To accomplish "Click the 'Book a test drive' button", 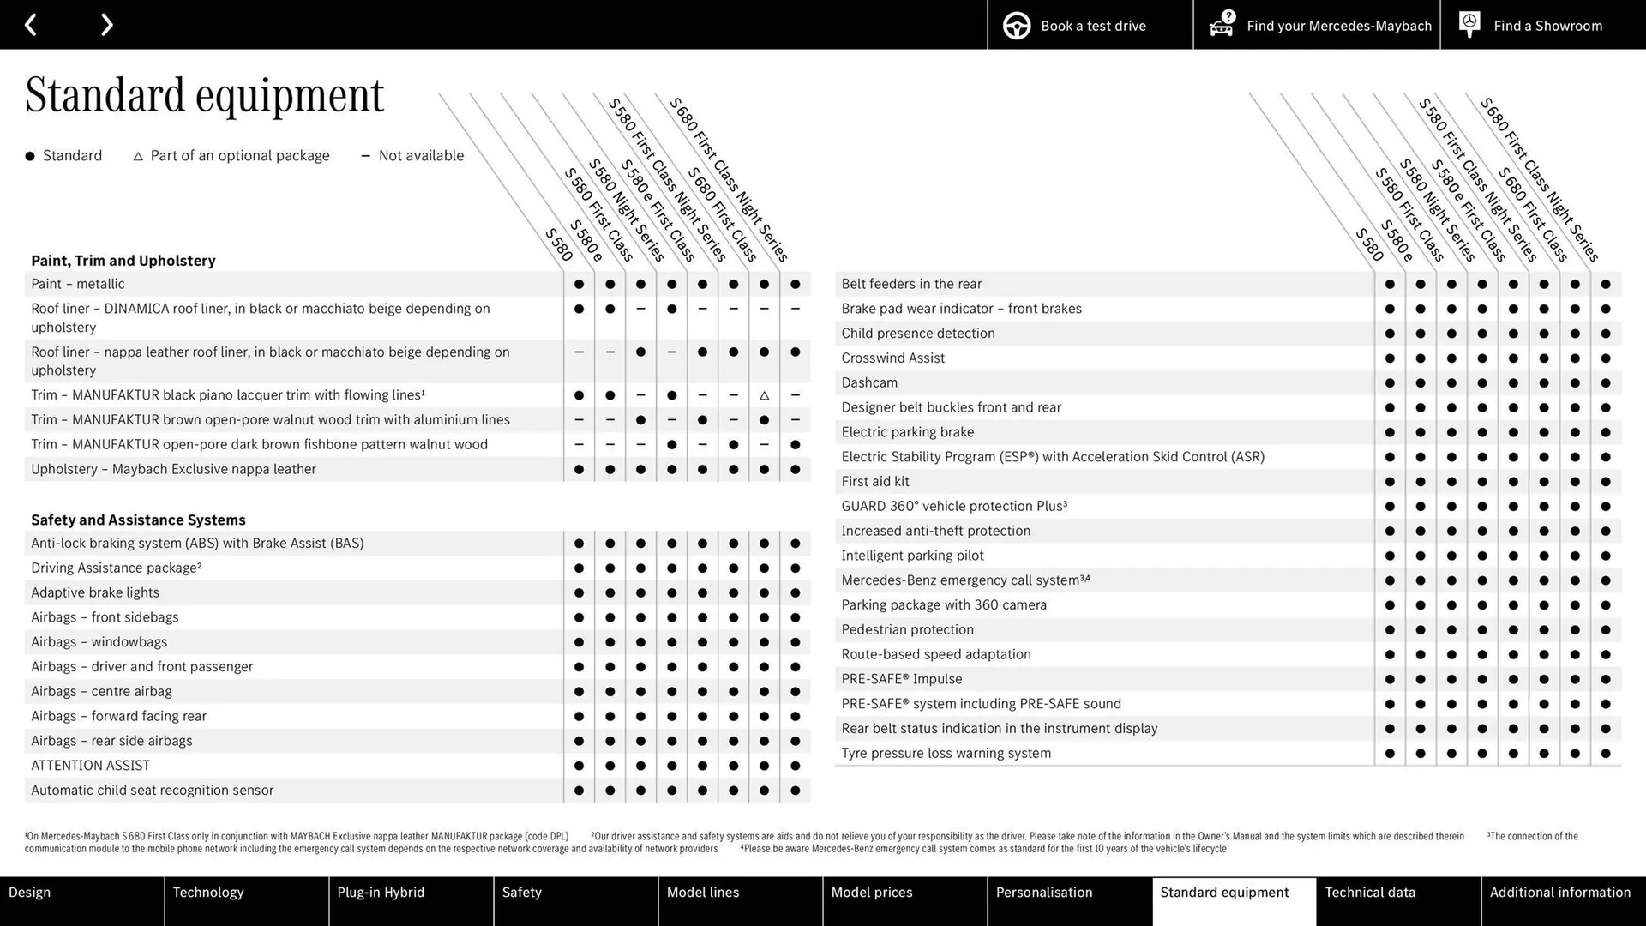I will click(1090, 25).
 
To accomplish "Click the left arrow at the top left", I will click(31, 25).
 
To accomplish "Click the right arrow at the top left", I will click(106, 25).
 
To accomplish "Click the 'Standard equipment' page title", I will click(204, 94).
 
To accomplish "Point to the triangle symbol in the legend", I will click(138, 156).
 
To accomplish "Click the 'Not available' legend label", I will click(420, 155).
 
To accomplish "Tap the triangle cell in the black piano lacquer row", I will click(764, 395).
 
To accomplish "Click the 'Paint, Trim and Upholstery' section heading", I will click(123, 261).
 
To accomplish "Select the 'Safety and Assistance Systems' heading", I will click(138, 520).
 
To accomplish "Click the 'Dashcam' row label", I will click(869, 382).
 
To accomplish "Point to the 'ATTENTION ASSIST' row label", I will click(90, 766).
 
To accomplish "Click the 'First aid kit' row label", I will click(875, 482).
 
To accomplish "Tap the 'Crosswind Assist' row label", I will click(892, 358).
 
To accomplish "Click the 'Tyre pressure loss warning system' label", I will click(946, 754).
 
